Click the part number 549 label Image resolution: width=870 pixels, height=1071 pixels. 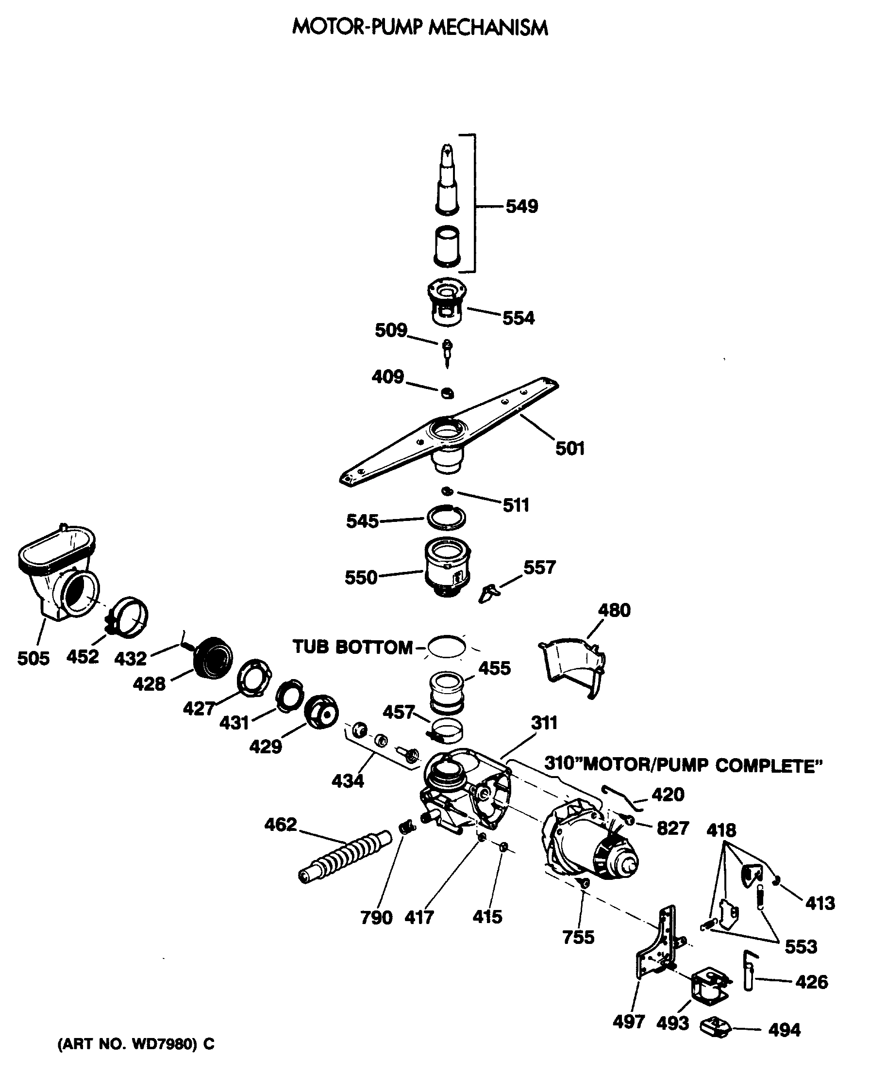[x=521, y=206]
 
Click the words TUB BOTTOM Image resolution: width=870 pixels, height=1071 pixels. [x=352, y=647]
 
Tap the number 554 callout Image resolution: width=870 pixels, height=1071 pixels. [x=518, y=317]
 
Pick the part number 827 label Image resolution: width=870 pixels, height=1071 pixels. [x=672, y=828]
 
